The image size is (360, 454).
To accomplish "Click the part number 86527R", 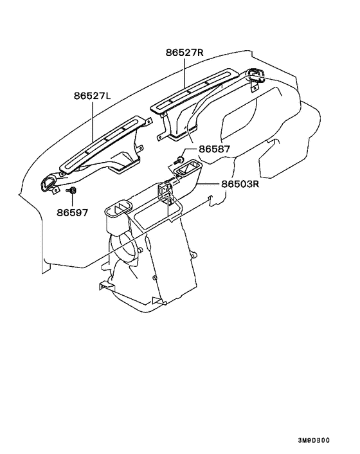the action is pos(184,53).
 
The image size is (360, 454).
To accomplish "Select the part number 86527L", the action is pos(93,96).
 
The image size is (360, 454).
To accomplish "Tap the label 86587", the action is pos(214,149).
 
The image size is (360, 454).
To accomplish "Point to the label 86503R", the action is pos(240,184).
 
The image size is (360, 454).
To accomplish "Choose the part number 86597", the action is pos(72,213).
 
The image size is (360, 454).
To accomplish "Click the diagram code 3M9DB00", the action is pos(314,440).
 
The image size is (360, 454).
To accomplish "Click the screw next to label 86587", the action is pos(181,159).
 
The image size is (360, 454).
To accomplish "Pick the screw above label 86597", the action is pos(72,190).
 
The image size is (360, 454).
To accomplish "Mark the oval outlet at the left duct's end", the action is pos(47,183).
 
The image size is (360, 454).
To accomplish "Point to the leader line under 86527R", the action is pos(184,73).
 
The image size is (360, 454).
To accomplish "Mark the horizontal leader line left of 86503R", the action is pos(209,184).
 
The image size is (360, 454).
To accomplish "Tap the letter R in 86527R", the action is pos(201,53).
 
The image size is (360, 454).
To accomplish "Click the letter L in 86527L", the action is pos(108,96).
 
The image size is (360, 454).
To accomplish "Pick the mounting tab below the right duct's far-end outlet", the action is pos(254,87).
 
